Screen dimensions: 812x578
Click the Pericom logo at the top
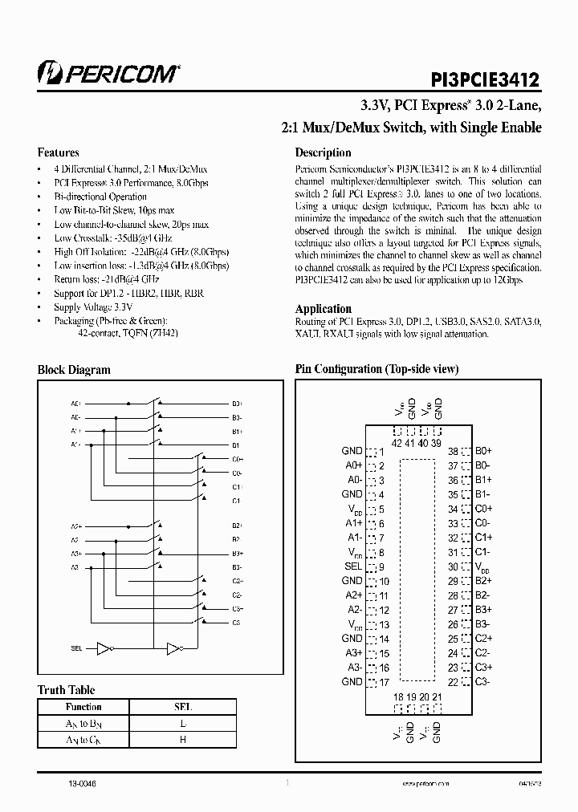(x=108, y=75)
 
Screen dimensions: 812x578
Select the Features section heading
(x=59, y=152)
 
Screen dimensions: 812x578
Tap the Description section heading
(x=323, y=152)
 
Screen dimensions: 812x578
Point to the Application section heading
(x=324, y=309)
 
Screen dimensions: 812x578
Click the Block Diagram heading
(x=74, y=370)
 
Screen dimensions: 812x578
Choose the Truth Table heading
(x=67, y=690)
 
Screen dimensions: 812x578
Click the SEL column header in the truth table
(x=182, y=707)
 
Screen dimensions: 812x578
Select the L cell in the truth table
(x=182, y=724)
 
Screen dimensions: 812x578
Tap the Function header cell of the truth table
(x=83, y=707)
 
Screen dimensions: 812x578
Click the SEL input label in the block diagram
(x=76, y=648)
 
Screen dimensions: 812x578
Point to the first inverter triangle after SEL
(x=103, y=648)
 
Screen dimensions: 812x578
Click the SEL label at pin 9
(x=352, y=566)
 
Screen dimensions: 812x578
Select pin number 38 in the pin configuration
(x=453, y=452)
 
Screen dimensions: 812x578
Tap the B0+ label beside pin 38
(x=483, y=452)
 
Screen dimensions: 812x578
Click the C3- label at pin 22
(x=482, y=682)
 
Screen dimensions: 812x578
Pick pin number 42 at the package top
(x=397, y=442)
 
